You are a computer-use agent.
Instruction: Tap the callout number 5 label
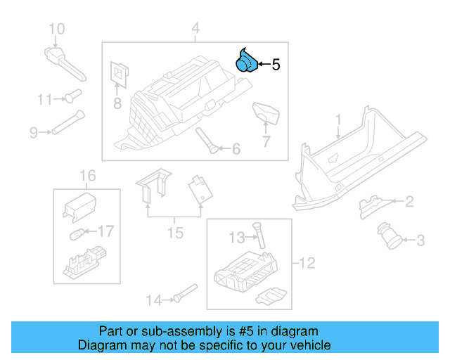coord(276,65)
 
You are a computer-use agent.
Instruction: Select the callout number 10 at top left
coord(56,29)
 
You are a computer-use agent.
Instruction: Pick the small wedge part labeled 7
coord(266,111)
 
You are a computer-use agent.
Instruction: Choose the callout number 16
coord(87,175)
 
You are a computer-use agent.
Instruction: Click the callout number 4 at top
coord(195,29)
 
